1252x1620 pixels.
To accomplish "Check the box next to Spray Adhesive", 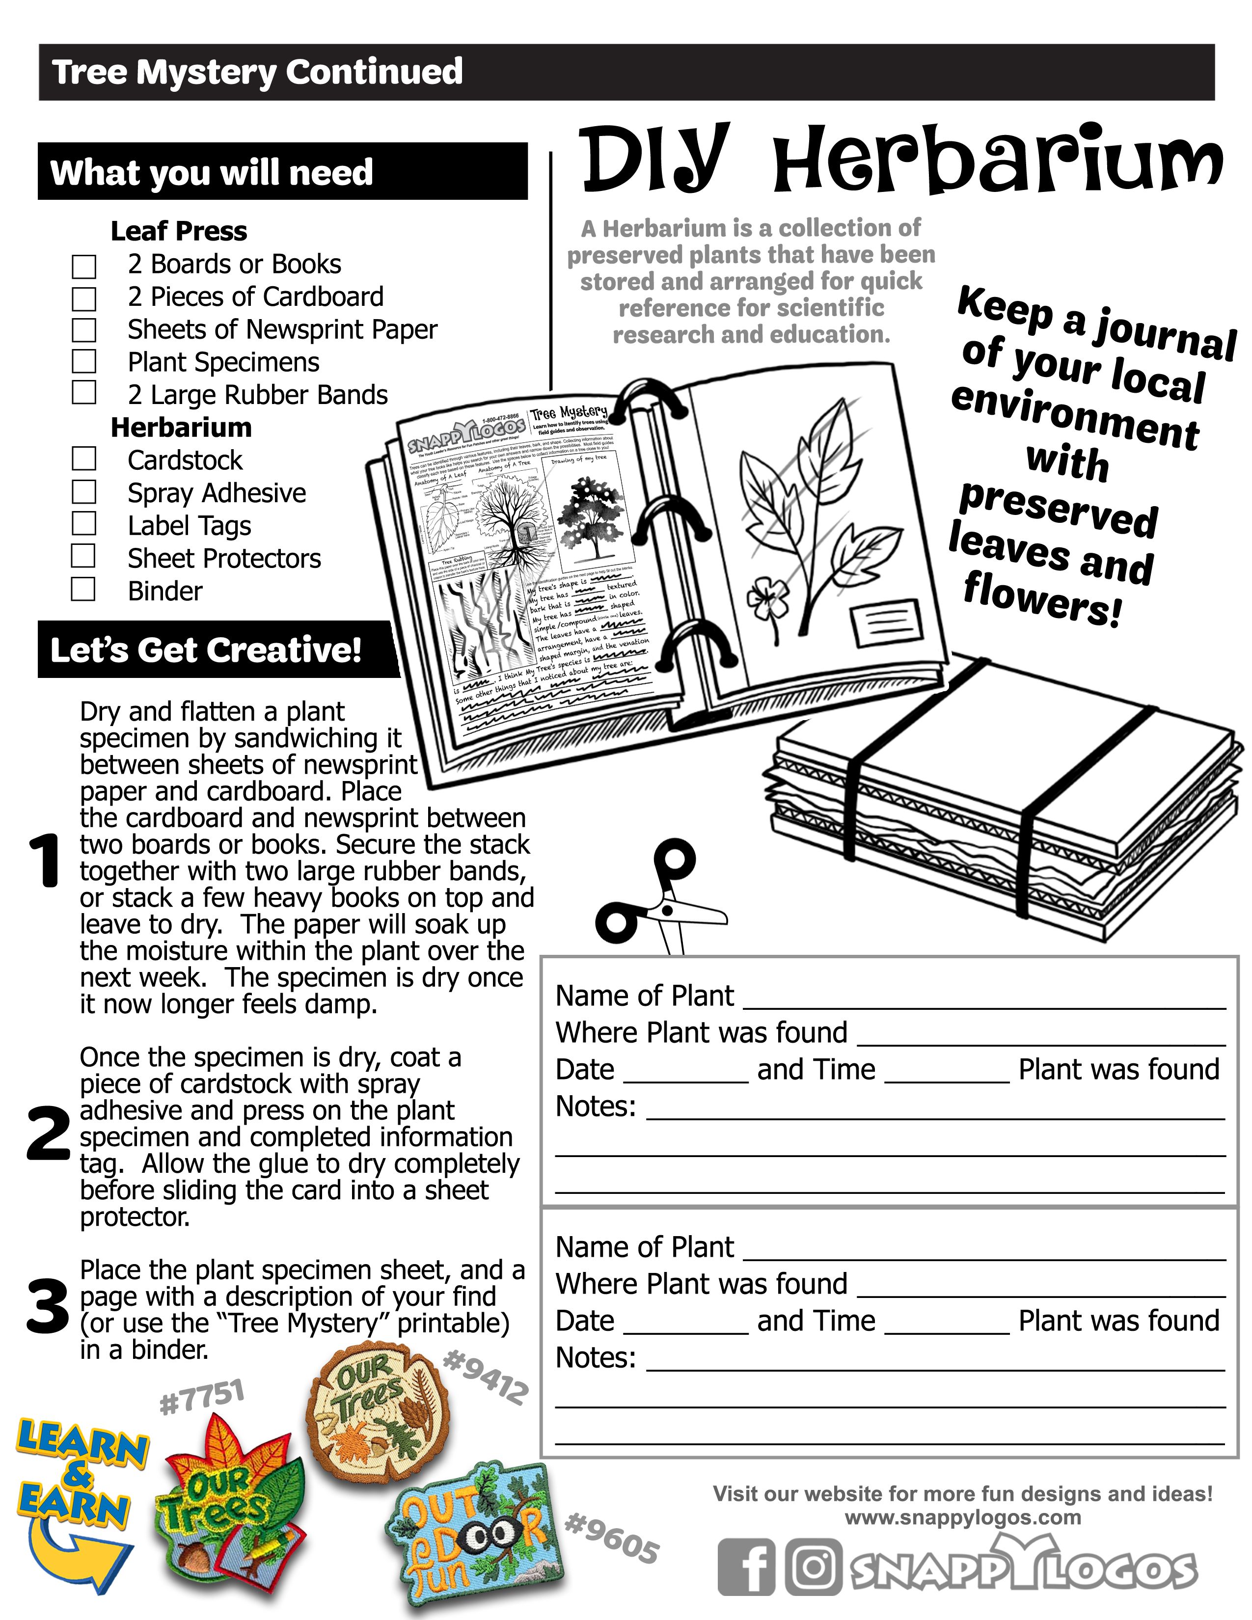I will tap(84, 492).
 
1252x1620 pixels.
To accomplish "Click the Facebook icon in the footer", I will tap(746, 1566).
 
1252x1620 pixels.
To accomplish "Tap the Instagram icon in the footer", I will tap(814, 1566).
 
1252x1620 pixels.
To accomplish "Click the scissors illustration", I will tap(656, 901).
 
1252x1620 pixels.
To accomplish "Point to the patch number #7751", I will tap(202, 1397).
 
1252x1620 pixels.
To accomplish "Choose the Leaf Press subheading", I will tap(179, 231).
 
